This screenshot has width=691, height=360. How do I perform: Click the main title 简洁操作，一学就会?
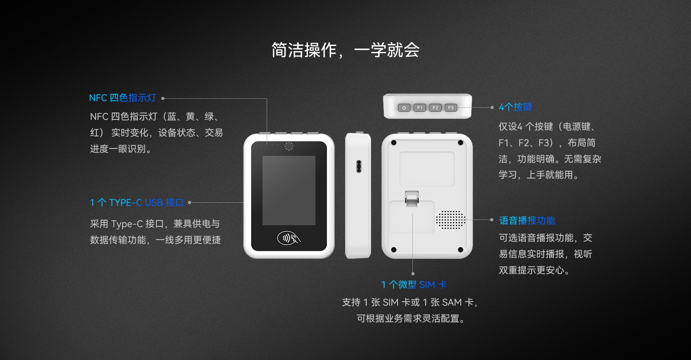(x=345, y=50)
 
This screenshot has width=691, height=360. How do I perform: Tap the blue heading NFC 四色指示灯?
(x=122, y=98)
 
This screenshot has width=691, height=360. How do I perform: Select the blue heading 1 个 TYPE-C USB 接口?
(x=137, y=203)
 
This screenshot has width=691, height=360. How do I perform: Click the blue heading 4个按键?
(x=515, y=107)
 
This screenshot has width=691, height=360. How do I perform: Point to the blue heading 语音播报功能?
(x=527, y=220)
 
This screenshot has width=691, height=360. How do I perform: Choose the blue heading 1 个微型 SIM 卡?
(x=414, y=285)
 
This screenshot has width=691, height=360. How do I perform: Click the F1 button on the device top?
(x=420, y=108)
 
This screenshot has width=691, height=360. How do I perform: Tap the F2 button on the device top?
(x=435, y=108)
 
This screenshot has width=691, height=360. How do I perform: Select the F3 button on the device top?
(x=451, y=108)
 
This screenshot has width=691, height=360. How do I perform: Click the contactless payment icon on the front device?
(x=289, y=238)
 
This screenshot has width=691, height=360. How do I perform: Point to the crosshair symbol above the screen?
(x=289, y=146)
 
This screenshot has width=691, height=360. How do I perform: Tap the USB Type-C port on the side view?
(x=359, y=166)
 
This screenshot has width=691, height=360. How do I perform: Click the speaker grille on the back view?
(x=451, y=220)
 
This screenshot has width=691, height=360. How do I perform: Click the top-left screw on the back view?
(x=394, y=143)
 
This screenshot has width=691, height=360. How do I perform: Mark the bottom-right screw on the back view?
(x=460, y=250)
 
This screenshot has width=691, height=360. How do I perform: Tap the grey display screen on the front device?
(x=289, y=190)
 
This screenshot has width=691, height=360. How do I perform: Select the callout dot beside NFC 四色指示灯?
(x=163, y=98)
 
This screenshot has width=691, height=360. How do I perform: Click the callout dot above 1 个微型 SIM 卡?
(x=413, y=274)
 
